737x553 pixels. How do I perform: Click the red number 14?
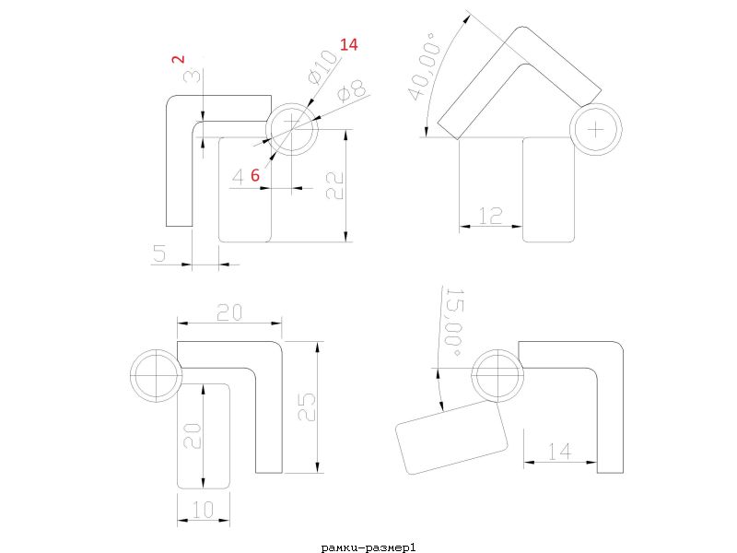coord(349,44)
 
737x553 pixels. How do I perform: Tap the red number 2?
coord(178,59)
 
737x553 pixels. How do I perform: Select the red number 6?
coord(255,175)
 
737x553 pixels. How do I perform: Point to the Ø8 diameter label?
coord(353,91)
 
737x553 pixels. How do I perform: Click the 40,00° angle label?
coord(425,65)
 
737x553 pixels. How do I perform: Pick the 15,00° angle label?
coord(453,322)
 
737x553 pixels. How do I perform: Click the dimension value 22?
coord(335,186)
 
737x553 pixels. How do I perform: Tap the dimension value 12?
coord(490,216)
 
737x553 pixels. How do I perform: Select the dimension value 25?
coord(307,406)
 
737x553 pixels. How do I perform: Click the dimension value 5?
coord(159,253)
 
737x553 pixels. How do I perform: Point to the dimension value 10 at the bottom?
coord(203,510)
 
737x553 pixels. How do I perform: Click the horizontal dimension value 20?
coord(229,312)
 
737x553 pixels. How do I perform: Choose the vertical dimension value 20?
coord(193,436)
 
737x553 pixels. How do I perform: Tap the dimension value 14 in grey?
coord(560,452)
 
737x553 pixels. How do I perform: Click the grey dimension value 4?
coord(239,177)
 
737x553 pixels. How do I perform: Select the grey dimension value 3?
coord(193,76)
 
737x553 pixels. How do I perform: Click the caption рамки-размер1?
coord(368,547)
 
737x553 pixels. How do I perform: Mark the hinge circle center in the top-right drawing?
coord(596,129)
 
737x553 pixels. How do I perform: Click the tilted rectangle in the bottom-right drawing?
coord(451,437)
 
